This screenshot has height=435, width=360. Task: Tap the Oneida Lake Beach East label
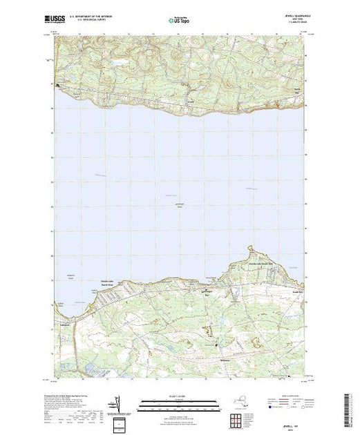coord(262,264)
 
